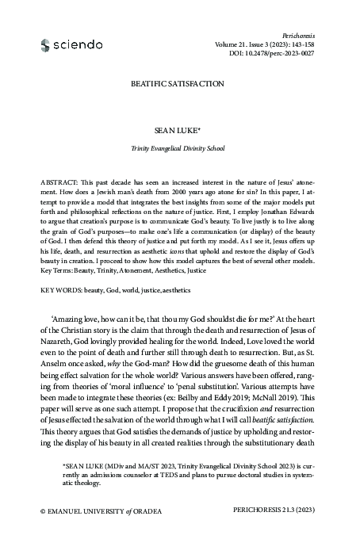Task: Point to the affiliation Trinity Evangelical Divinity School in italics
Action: tap(180, 147)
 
